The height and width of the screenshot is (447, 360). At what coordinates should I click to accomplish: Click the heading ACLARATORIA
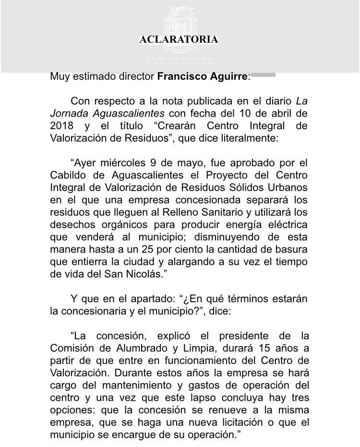point(179,40)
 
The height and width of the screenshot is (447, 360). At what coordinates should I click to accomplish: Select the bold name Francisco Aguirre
point(203,77)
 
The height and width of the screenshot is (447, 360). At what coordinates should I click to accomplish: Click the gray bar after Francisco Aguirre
point(263,75)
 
